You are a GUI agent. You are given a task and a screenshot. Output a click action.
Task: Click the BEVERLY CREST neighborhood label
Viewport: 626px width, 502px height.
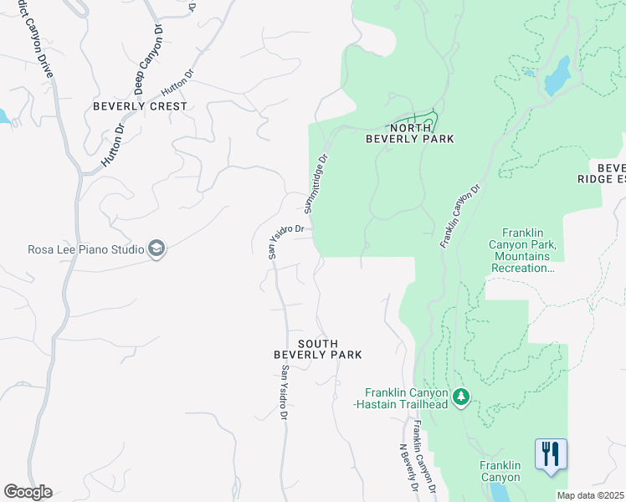140,106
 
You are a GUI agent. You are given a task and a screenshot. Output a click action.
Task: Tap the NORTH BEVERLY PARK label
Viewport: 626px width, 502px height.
410,133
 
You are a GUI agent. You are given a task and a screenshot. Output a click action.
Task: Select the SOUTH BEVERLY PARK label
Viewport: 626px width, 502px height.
318,349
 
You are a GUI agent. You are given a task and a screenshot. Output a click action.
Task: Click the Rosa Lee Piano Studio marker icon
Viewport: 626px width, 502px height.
156,248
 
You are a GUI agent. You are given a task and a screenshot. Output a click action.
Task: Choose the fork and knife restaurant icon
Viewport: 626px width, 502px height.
550,454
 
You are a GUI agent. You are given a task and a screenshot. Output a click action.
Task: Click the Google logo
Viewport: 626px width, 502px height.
28,492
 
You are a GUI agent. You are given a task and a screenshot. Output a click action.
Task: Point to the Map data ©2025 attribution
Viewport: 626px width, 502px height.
590,495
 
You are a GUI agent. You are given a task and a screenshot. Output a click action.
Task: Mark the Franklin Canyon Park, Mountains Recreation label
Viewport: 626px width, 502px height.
528,251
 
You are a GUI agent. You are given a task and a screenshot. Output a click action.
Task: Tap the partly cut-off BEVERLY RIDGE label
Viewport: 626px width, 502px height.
602,172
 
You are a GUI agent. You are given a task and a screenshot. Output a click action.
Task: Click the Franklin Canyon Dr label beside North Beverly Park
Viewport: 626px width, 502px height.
460,217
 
